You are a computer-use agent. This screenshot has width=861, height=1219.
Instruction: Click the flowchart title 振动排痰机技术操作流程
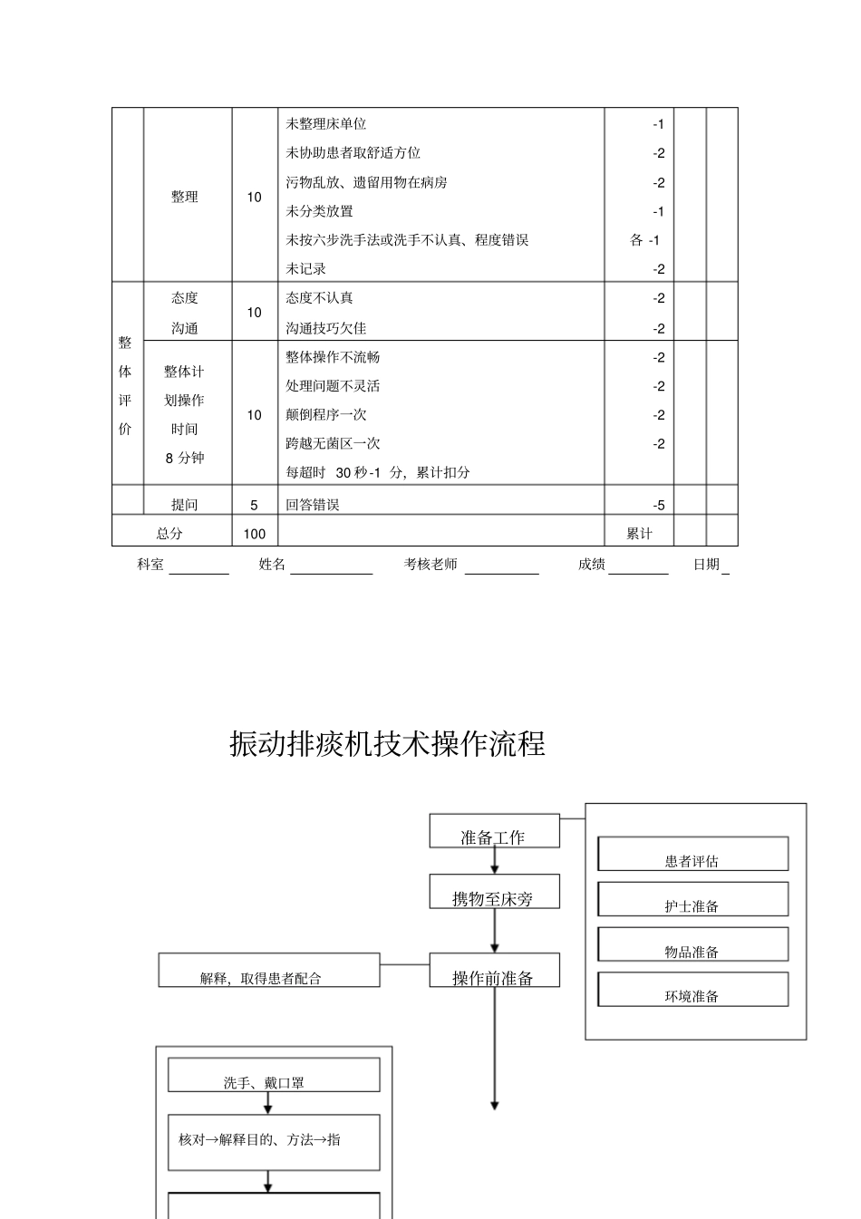pos(387,744)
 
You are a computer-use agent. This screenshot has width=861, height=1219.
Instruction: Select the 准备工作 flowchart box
pos(493,832)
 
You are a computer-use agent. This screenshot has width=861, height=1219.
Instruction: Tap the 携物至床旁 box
pos(493,893)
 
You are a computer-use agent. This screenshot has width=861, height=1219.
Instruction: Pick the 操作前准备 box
pos(493,972)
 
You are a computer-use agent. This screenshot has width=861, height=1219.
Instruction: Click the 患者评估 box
pos(692,855)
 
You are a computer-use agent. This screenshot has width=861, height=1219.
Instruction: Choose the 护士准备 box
pos(692,900)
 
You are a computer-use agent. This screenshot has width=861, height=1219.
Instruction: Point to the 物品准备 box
pos(692,945)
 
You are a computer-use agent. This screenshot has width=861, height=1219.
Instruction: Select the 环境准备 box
pos(692,990)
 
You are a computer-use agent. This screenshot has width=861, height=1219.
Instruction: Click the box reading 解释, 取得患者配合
pos(268,971)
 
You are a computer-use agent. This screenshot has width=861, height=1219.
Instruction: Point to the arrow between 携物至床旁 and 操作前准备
pos(495,931)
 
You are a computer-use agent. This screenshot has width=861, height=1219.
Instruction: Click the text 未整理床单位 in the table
pos(326,124)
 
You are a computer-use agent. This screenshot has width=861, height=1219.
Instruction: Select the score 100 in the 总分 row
pos(254,534)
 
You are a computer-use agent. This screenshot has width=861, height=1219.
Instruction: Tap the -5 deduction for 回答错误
pos(658,505)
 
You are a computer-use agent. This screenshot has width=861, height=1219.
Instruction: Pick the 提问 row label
pos(185,505)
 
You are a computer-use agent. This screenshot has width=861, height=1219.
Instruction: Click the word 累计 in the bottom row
pos(639,534)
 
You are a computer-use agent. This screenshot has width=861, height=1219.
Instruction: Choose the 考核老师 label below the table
pos(430,565)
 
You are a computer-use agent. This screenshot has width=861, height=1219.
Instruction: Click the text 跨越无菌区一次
pos(333,443)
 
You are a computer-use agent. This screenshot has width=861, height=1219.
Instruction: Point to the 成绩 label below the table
pos(592,565)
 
